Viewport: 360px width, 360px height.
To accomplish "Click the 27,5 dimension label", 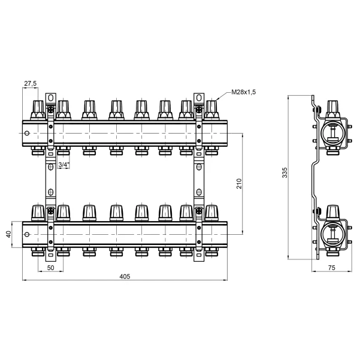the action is [31, 83].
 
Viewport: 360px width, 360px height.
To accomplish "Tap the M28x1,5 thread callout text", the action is [243, 92].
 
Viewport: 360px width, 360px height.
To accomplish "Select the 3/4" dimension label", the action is [63, 165].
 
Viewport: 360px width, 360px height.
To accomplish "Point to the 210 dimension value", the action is [239, 184].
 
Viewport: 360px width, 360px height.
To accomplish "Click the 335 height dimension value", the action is [285, 173].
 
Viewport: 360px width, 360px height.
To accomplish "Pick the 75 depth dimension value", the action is [331, 268].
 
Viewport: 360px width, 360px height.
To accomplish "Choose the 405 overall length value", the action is [125, 276].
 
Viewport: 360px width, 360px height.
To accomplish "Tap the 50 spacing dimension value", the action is [50, 268].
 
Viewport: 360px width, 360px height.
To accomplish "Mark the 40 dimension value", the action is [8, 234].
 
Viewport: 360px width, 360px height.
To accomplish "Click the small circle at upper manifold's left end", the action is [27, 133].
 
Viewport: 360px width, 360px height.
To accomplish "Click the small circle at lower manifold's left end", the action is [27, 234].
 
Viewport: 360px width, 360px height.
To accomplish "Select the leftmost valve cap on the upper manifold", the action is [38, 110].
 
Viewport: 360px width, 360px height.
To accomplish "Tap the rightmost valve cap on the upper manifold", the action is [211, 110].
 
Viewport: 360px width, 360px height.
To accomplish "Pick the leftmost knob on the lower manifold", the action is [38, 213].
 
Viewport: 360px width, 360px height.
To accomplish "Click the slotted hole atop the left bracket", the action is [51, 98].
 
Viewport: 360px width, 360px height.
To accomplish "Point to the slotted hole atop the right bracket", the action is [199, 98].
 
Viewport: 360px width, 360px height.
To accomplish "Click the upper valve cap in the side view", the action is [332, 109].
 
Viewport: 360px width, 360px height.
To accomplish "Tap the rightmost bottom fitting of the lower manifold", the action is [211, 252].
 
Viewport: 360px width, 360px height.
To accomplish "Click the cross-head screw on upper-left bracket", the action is [51, 110].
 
